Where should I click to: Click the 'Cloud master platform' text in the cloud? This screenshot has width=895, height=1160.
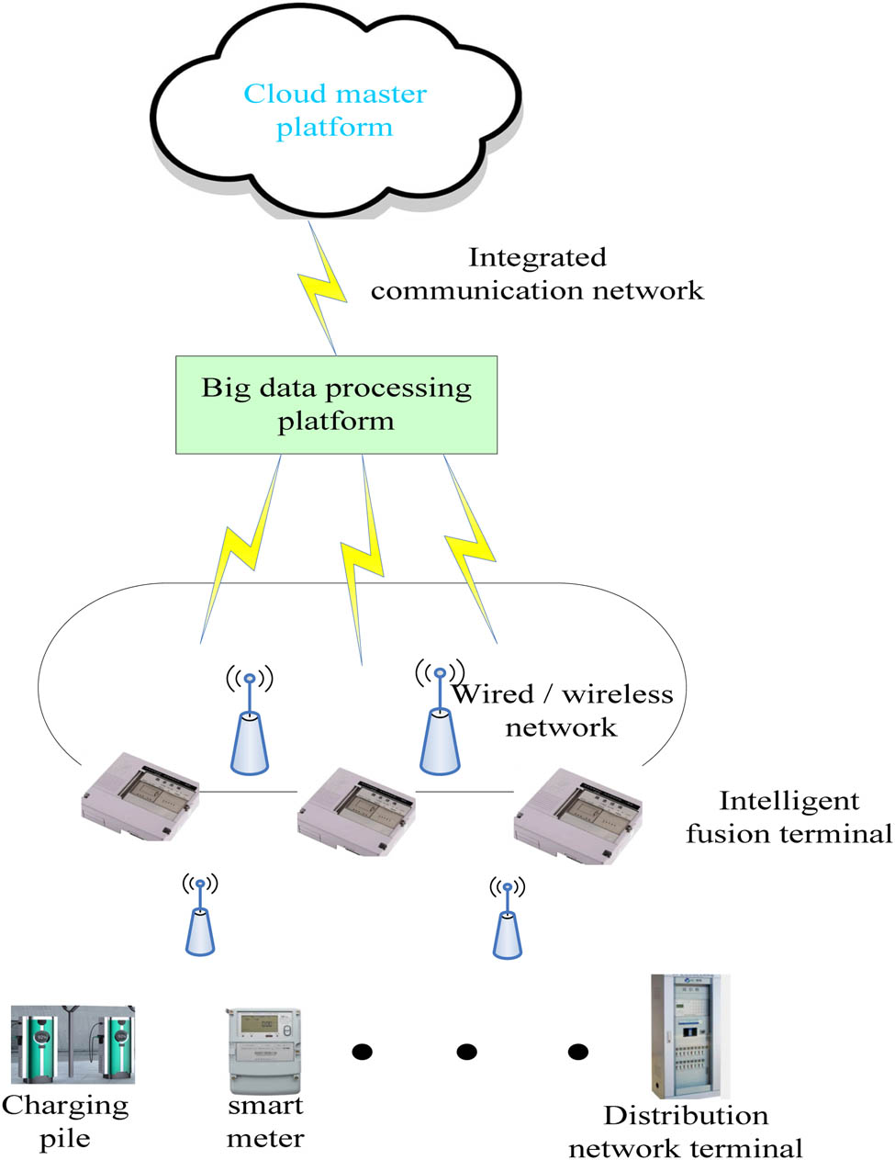pyautogui.click(x=335, y=110)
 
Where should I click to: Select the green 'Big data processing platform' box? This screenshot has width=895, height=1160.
pyautogui.click(x=336, y=405)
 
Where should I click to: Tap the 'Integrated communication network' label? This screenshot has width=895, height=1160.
pyautogui.click(x=537, y=274)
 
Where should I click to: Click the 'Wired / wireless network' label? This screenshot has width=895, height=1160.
pyautogui.click(x=562, y=710)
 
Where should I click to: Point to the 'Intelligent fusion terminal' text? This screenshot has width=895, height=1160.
pyautogui.click(x=789, y=817)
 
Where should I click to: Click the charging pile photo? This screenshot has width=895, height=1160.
pyautogui.click(x=73, y=1045)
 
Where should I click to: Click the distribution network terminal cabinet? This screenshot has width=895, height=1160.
pyautogui.click(x=689, y=1037)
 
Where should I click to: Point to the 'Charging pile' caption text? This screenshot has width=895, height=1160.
pyautogui.click(x=65, y=1121)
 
